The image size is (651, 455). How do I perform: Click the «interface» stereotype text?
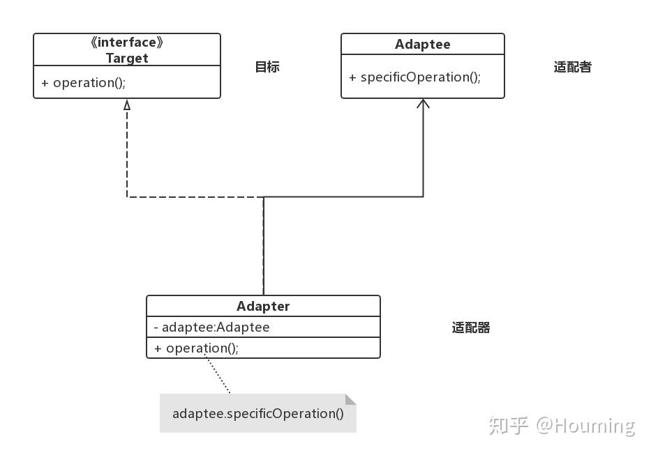pyautogui.click(x=127, y=43)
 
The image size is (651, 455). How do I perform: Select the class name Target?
pyautogui.click(x=127, y=59)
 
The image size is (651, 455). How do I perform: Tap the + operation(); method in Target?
pyautogui.click(x=83, y=82)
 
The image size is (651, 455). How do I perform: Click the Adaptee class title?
pyautogui.click(x=422, y=45)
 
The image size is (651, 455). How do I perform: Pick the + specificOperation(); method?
pyautogui.click(x=415, y=77)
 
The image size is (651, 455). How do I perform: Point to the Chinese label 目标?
pyautogui.click(x=267, y=67)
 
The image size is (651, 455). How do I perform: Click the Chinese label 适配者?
pyautogui.click(x=572, y=67)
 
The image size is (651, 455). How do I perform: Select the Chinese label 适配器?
pyautogui.click(x=471, y=327)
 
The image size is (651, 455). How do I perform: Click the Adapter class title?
pyautogui.click(x=263, y=307)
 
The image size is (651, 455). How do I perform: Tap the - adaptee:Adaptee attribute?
pyautogui.click(x=211, y=327)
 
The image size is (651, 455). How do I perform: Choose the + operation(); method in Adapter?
pyautogui.click(x=196, y=348)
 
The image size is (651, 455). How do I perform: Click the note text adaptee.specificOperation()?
pyautogui.click(x=257, y=413)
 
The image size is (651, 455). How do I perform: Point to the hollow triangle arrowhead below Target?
pyautogui.click(x=127, y=105)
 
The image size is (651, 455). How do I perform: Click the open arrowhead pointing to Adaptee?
pyautogui.click(x=423, y=104)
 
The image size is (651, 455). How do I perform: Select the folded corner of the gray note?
pyautogui.click(x=350, y=399)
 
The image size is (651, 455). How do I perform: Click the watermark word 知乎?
pyautogui.click(x=509, y=425)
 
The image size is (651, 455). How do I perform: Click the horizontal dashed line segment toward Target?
pyautogui.click(x=195, y=197)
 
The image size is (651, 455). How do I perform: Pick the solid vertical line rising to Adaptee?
pyautogui.click(x=423, y=153)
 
